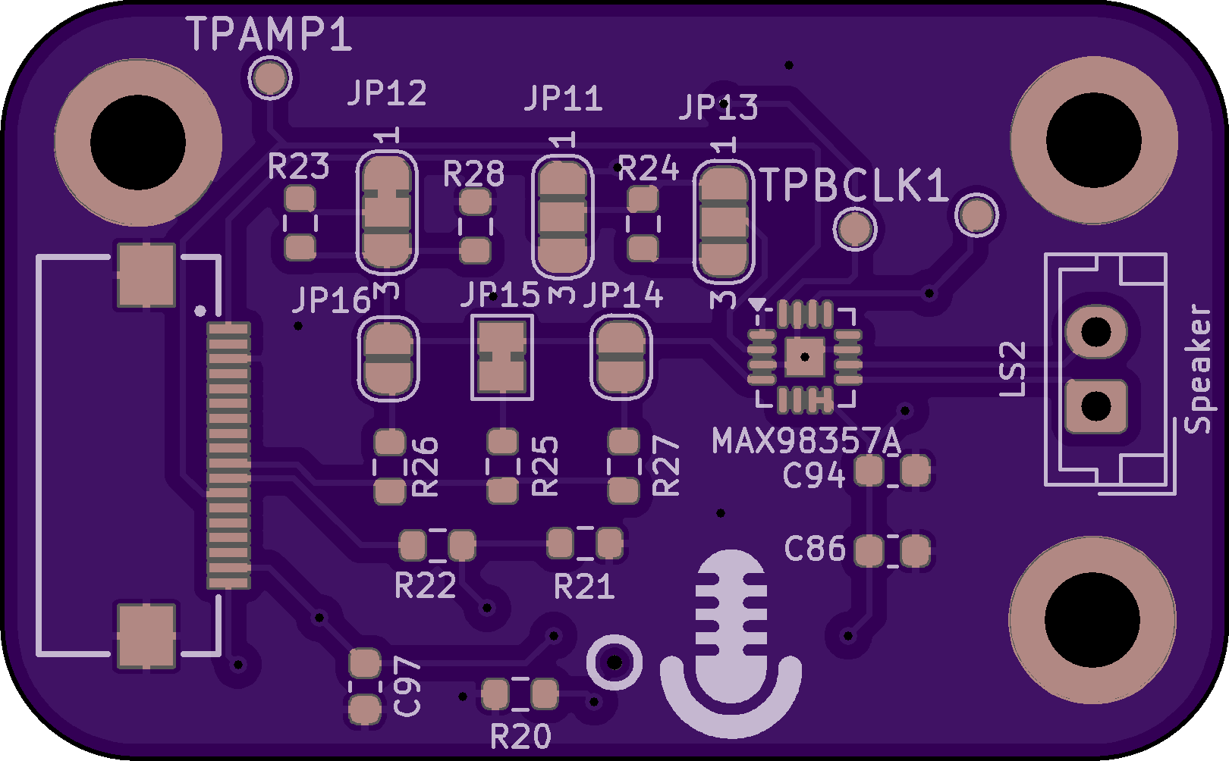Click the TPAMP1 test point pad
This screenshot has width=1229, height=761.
tap(269, 77)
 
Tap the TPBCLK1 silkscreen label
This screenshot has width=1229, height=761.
tap(854, 186)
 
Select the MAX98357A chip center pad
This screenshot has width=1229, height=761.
tap(804, 356)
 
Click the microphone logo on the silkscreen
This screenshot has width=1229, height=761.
tap(731, 644)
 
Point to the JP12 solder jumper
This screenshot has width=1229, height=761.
tap(387, 211)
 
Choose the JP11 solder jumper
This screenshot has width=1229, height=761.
tap(562, 217)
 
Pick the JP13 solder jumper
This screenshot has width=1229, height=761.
tap(724, 222)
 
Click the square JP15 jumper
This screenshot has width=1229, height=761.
tap(501, 356)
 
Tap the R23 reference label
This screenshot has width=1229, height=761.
tap(299, 167)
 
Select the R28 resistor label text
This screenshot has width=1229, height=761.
tap(473, 174)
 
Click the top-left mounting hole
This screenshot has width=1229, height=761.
tap(138, 142)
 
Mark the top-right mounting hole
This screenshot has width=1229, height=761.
tap(1093, 141)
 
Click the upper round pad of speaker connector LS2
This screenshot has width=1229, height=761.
tap(1095, 331)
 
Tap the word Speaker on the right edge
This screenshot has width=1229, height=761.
tap(1199, 368)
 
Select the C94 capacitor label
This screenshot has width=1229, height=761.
tap(813, 476)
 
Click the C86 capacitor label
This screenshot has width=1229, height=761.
tap(815, 549)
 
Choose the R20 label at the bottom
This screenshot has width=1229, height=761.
tap(520, 736)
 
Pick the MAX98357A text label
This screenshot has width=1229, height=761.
tap(806, 440)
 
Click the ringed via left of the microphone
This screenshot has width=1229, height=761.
tap(614, 662)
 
